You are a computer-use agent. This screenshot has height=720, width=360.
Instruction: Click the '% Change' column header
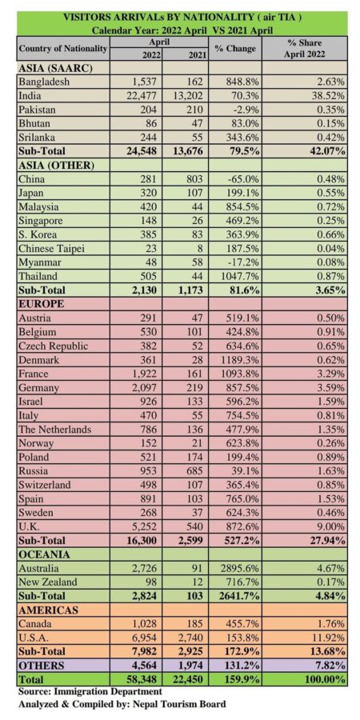click(x=235, y=48)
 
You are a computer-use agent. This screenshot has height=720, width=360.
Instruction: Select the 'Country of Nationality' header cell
click(x=63, y=48)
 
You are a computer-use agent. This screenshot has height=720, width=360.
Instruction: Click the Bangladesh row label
click(x=43, y=82)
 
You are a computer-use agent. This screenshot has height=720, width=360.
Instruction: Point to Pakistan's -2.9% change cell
click(x=243, y=110)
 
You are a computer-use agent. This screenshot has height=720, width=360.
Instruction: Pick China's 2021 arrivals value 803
click(x=195, y=178)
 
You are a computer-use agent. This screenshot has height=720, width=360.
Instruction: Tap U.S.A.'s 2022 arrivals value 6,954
click(x=145, y=637)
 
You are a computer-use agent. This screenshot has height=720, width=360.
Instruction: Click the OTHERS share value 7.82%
click(x=330, y=665)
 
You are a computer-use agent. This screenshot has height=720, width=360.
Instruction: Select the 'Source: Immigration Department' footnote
click(x=90, y=690)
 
